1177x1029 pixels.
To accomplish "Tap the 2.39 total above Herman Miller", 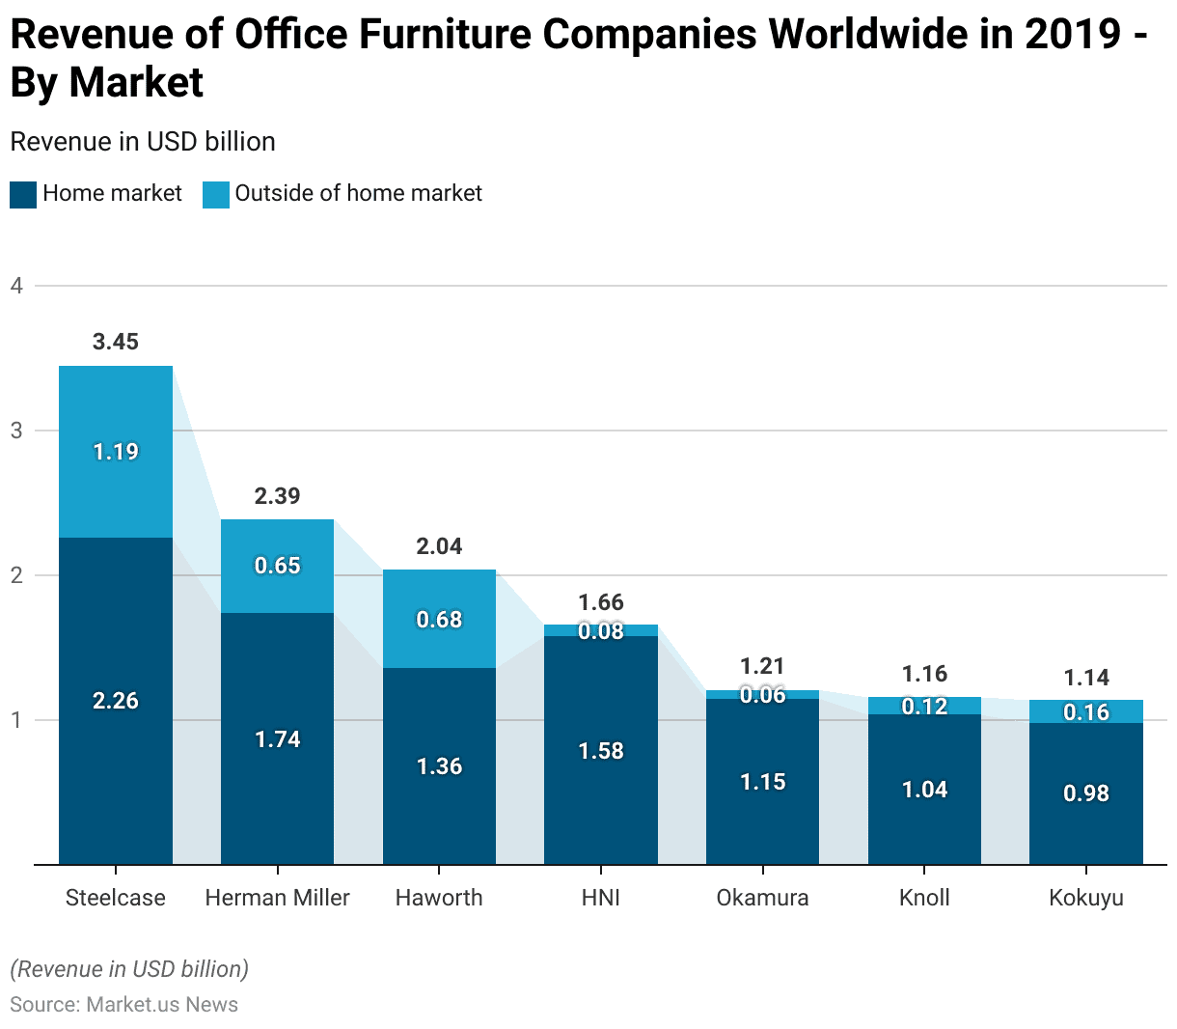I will click(x=278, y=496).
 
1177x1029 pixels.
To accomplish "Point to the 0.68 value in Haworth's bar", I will click(x=440, y=620).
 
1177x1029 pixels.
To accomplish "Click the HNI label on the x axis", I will click(x=601, y=898).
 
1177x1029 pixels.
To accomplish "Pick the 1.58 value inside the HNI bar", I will click(x=601, y=751).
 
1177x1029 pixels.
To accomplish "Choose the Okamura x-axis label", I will click(x=762, y=898).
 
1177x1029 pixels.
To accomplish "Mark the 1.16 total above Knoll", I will click(x=924, y=674).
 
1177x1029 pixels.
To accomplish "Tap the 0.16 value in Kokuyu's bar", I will click(x=1086, y=712).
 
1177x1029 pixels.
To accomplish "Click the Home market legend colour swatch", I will click(x=23, y=194).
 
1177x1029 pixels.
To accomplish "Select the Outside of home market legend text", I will click(x=358, y=193).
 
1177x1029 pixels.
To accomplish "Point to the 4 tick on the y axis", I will click(x=16, y=286).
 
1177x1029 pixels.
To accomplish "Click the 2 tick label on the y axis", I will click(x=16, y=575).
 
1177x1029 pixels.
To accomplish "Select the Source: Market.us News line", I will click(x=124, y=1004).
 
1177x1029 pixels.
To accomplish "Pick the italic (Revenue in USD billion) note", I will click(x=129, y=969).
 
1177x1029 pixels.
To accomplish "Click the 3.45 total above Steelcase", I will click(x=116, y=342).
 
